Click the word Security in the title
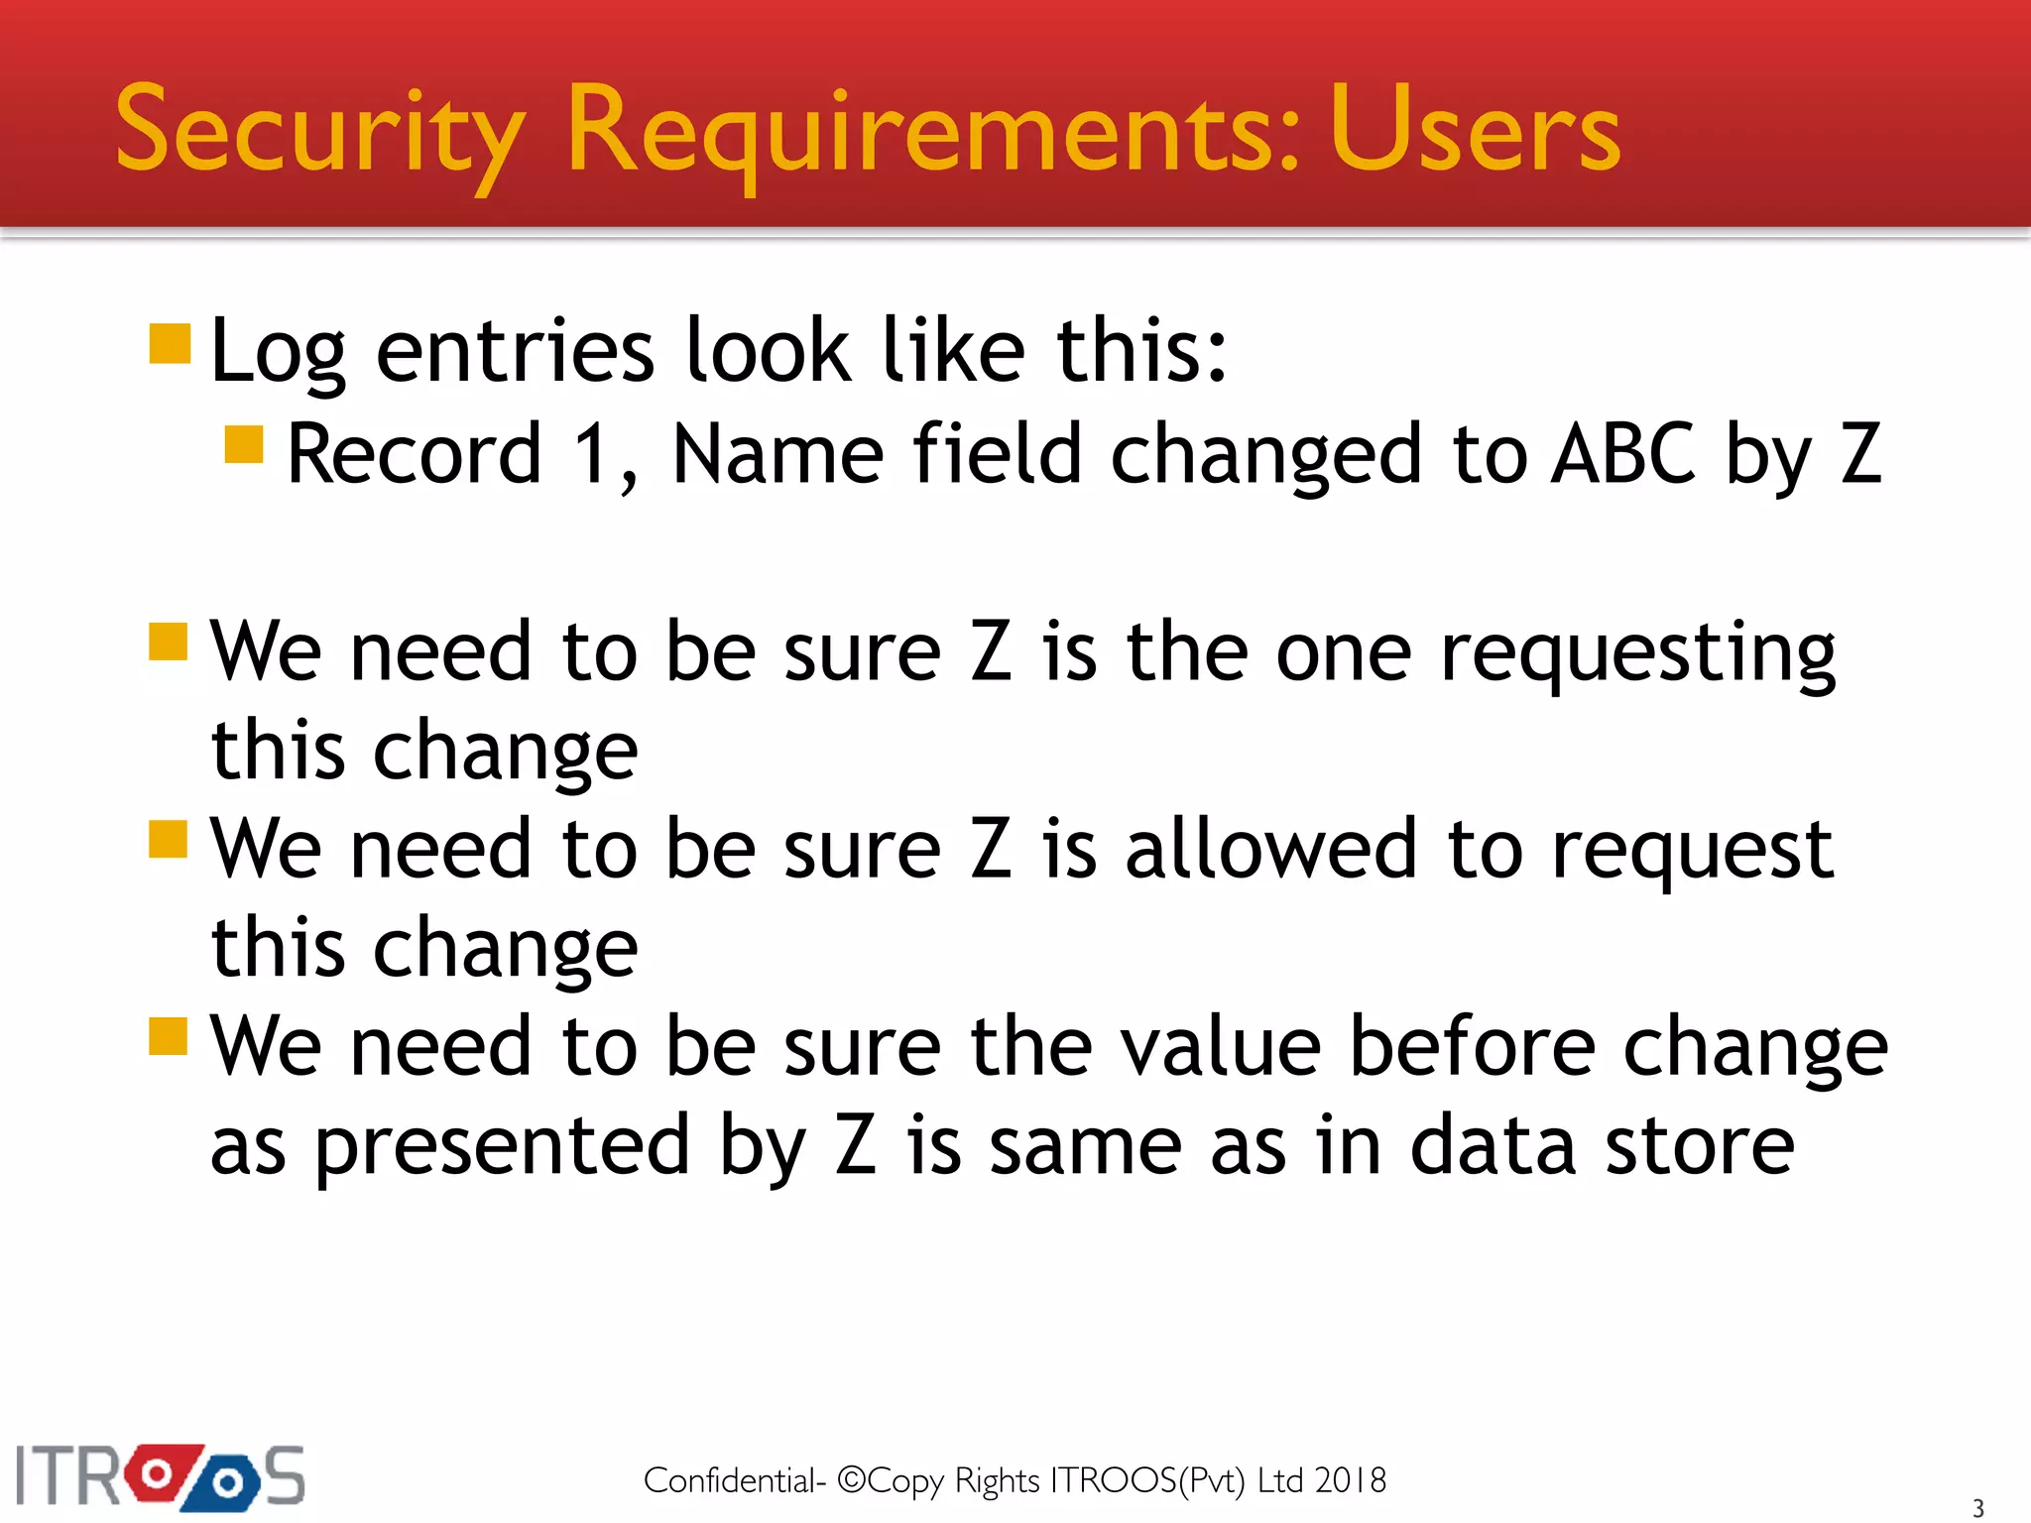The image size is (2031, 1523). click(319, 131)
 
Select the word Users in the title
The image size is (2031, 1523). click(1475, 131)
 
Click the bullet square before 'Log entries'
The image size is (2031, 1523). click(170, 343)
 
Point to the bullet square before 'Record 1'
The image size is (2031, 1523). click(244, 444)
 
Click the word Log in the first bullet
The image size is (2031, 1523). click(278, 351)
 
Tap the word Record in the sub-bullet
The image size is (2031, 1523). click(415, 454)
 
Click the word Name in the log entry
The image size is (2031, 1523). click(777, 454)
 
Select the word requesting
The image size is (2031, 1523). click(1637, 654)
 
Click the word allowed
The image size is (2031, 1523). click(1270, 850)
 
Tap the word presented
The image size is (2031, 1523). click(501, 1147)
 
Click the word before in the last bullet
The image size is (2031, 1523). click(1472, 1047)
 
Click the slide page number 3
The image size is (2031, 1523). click(1978, 1508)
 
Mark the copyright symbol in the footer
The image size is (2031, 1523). click(852, 1479)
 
